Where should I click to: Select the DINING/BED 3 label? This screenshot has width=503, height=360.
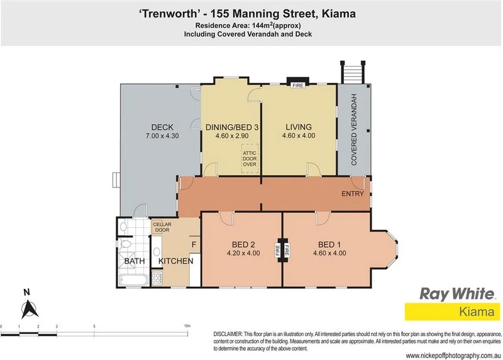pyautogui.click(x=231, y=127)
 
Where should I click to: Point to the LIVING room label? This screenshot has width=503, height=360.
pyautogui.click(x=299, y=127)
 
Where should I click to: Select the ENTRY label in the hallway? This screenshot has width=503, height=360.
pyautogui.click(x=352, y=194)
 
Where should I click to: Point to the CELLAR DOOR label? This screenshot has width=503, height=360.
pyautogui.click(x=162, y=227)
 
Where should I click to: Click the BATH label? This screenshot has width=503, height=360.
pyautogui.click(x=134, y=261)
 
